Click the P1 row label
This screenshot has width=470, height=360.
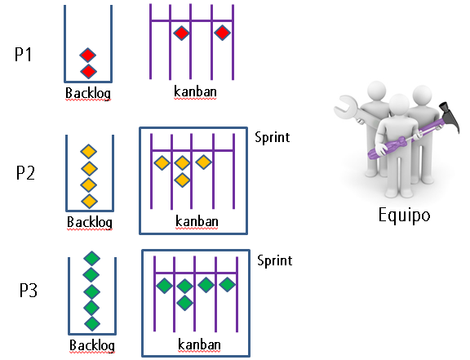click(x=23, y=55)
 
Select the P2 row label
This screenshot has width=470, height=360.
click(x=25, y=172)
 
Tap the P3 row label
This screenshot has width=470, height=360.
click(x=29, y=290)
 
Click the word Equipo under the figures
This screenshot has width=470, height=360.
click(x=404, y=216)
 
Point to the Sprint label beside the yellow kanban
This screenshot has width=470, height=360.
click(x=273, y=138)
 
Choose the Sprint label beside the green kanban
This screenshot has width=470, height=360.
click(x=274, y=260)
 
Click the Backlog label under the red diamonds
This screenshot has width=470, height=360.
click(x=88, y=93)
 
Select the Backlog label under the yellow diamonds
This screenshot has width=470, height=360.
click(x=90, y=222)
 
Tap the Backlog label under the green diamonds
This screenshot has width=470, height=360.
click(x=92, y=345)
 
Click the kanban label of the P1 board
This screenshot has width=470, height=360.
click(x=195, y=91)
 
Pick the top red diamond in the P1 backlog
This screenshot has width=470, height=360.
click(x=88, y=56)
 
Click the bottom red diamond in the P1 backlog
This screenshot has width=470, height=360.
click(x=88, y=71)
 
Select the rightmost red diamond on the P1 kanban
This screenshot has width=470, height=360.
click(x=222, y=33)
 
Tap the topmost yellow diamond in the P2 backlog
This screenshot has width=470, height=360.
click(x=89, y=151)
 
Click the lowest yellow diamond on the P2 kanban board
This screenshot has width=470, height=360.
click(x=182, y=180)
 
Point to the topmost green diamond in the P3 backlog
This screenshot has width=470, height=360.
click(x=91, y=258)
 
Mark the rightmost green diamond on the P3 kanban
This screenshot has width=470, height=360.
click(x=227, y=284)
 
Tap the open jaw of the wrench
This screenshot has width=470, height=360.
click(x=344, y=105)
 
